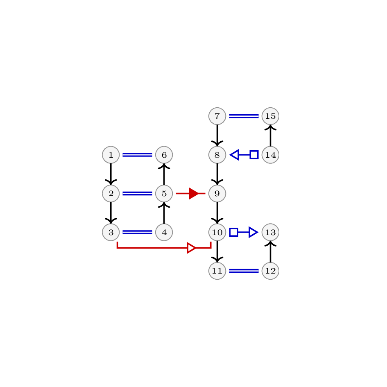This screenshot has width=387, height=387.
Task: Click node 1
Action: [111, 155]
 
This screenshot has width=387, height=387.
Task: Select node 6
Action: [164, 155]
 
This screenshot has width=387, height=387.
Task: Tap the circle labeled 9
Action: [217, 193]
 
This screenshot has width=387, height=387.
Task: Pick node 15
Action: [271, 116]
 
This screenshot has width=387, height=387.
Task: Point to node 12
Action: [271, 271]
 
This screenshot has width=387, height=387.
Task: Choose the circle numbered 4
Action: [164, 232]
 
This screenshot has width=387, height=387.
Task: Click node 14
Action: [271, 155]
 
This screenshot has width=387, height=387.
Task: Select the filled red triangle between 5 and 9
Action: [194, 193]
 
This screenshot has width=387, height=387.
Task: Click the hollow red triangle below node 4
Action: [192, 248]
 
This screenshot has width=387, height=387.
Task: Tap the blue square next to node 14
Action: [254, 155]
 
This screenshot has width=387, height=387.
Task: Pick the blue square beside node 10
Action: [233, 232]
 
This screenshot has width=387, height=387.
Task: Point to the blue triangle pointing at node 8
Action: [235, 155]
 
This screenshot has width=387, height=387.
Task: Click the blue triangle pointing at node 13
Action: [253, 232]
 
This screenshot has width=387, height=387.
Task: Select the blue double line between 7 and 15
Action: [244, 116]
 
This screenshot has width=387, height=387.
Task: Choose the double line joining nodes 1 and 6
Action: [138, 155]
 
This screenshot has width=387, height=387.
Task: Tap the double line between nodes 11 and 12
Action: [244, 271]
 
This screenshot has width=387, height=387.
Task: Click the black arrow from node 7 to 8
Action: [217, 136]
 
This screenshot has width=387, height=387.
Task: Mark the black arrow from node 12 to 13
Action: [271, 251]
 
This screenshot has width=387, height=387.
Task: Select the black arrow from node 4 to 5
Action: [164, 213]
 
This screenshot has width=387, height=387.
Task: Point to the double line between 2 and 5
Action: [138, 193]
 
